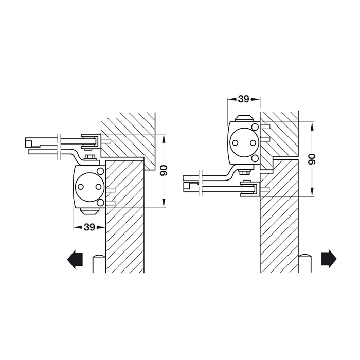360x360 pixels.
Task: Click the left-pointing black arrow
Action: (x=75, y=259)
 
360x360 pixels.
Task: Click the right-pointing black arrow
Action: (x=329, y=259)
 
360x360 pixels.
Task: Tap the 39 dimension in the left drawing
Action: (x=89, y=227)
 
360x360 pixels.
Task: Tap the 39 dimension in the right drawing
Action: (x=243, y=99)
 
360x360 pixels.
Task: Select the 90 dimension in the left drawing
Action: (x=164, y=170)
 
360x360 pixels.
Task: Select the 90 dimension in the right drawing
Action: (x=312, y=159)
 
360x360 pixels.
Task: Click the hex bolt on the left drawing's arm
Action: (x=90, y=158)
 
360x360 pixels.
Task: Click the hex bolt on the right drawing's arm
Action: (x=244, y=172)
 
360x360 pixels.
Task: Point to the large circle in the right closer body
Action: (x=244, y=142)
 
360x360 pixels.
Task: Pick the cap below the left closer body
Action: (x=90, y=211)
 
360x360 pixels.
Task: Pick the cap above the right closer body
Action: (x=244, y=118)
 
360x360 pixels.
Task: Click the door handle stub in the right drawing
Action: (x=305, y=263)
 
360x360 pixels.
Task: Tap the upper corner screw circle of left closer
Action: (x=100, y=171)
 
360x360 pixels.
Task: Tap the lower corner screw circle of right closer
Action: (x=255, y=158)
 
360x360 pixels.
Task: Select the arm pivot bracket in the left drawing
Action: (x=91, y=141)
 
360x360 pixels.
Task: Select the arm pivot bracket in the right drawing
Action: (x=250, y=189)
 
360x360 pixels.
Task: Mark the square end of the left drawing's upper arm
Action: (x=29, y=142)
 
